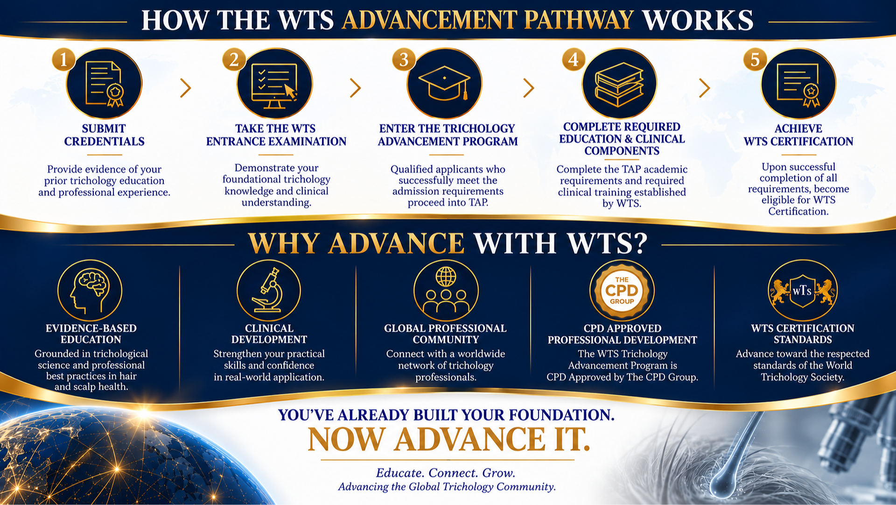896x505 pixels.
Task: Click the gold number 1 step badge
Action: (x=63, y=59)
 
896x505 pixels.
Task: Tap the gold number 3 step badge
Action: (x=404, y=59)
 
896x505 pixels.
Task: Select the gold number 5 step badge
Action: (x=755, y=59)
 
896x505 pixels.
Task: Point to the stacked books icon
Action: (x=619, y=84)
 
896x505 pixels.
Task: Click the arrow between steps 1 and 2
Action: (x=186, y=88)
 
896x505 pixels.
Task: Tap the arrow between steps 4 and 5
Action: (x=705, y=88)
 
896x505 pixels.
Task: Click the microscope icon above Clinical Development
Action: (x=268, y=290)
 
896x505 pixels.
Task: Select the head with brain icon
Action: (x=90, y=291)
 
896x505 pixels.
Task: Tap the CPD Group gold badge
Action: (x=622, y=291)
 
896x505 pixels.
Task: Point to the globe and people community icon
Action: (x=446, y=291)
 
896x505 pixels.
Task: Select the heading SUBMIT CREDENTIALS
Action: (x=104, y=135)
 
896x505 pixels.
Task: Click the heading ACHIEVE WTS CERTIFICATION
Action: (x=798, y=135)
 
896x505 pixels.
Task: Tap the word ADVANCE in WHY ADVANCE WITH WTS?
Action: (x=396, y=243)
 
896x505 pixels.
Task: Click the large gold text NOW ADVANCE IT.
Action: (x=449, y=440)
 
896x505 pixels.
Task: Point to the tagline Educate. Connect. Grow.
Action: (x=446, y=473)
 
